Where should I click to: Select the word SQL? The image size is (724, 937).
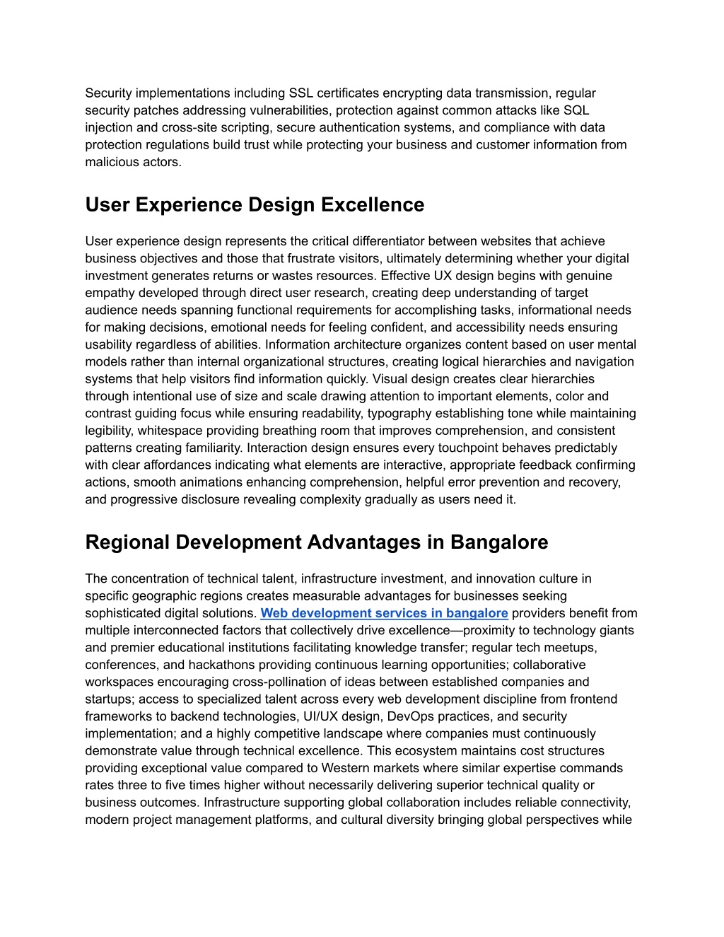click(x=576, y=110)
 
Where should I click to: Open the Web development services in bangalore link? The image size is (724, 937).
click(x=384, y=613)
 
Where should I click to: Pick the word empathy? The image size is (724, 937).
click(x=109, y=293)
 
